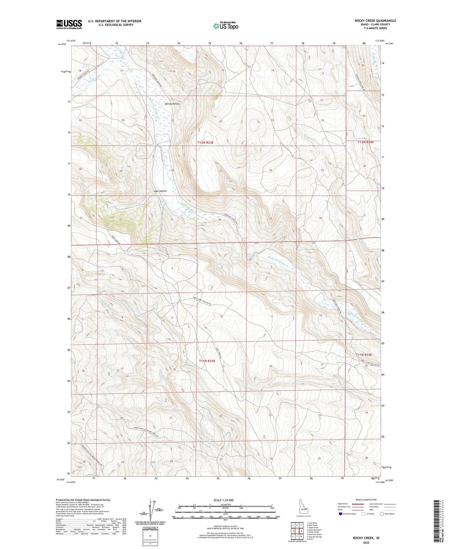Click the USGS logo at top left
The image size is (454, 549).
pyautogui.click(x=69, y=24)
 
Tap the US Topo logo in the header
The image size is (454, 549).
pyautogui.click(x=226, y=26)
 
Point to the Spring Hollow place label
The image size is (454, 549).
pyautogui.click(x=172, y=104)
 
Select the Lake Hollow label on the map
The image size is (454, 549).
pyautogui.click(x=160, y=191)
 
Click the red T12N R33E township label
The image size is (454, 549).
pyautogui.click(x=205, y=142)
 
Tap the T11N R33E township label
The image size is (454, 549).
pyautogui.click(x=207, y=361)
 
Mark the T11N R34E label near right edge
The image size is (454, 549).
pyautogui.click(x=364, y=355)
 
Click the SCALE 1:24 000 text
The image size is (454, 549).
pyautogui.click(x=223, y=500)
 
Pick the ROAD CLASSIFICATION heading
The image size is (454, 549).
pyautogui.click(x=366, y=500)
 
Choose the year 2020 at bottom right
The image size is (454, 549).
pyautogui.click(x=366, y=542)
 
